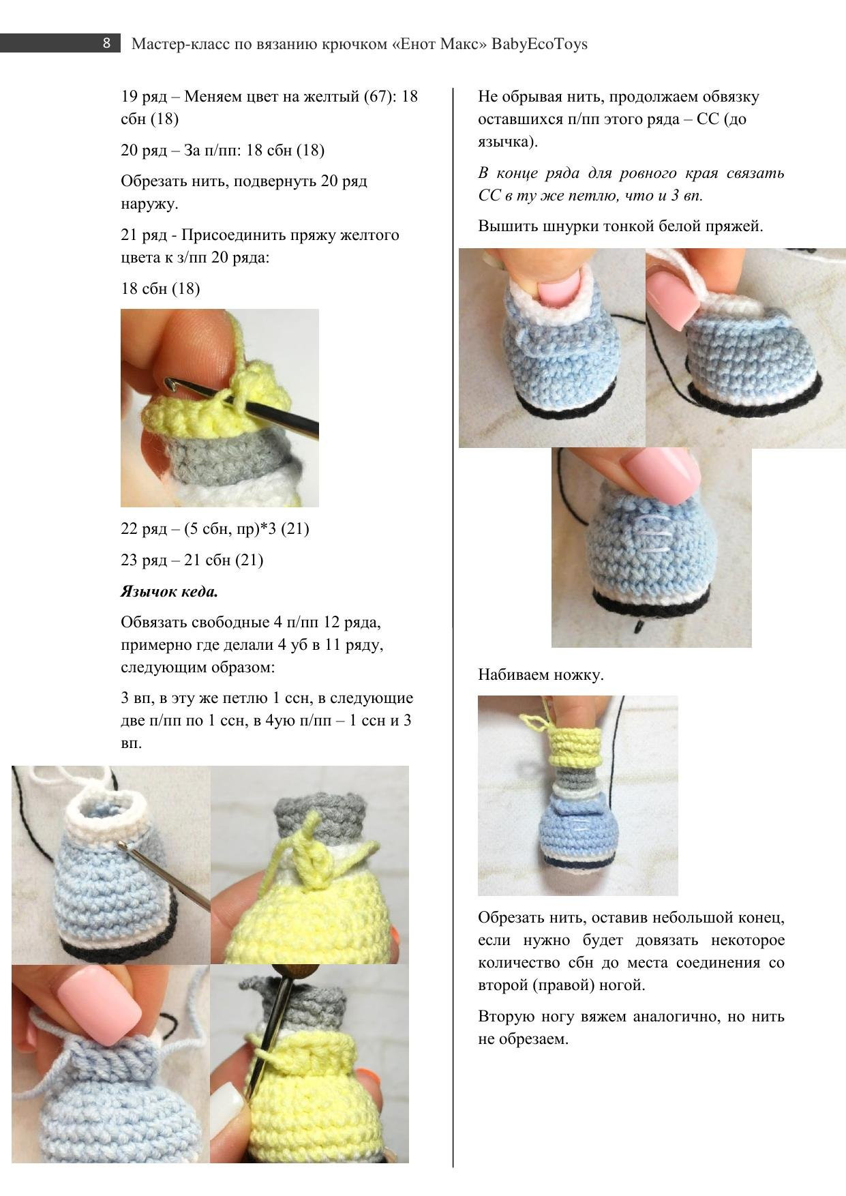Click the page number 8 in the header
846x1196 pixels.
pos(106,44)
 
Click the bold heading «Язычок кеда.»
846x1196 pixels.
pos(170,591)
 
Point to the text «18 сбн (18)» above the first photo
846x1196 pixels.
pos(160,288)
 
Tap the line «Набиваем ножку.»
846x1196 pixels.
pos(541,675)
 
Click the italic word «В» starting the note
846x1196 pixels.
pos(483,173)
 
